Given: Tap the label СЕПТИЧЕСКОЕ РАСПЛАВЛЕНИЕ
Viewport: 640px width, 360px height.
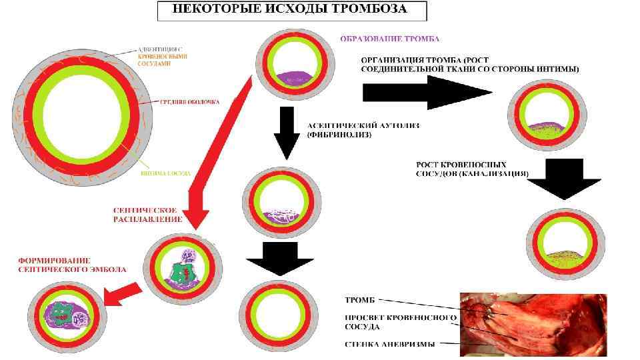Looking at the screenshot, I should pyautogui.click(x=143, y=215).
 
